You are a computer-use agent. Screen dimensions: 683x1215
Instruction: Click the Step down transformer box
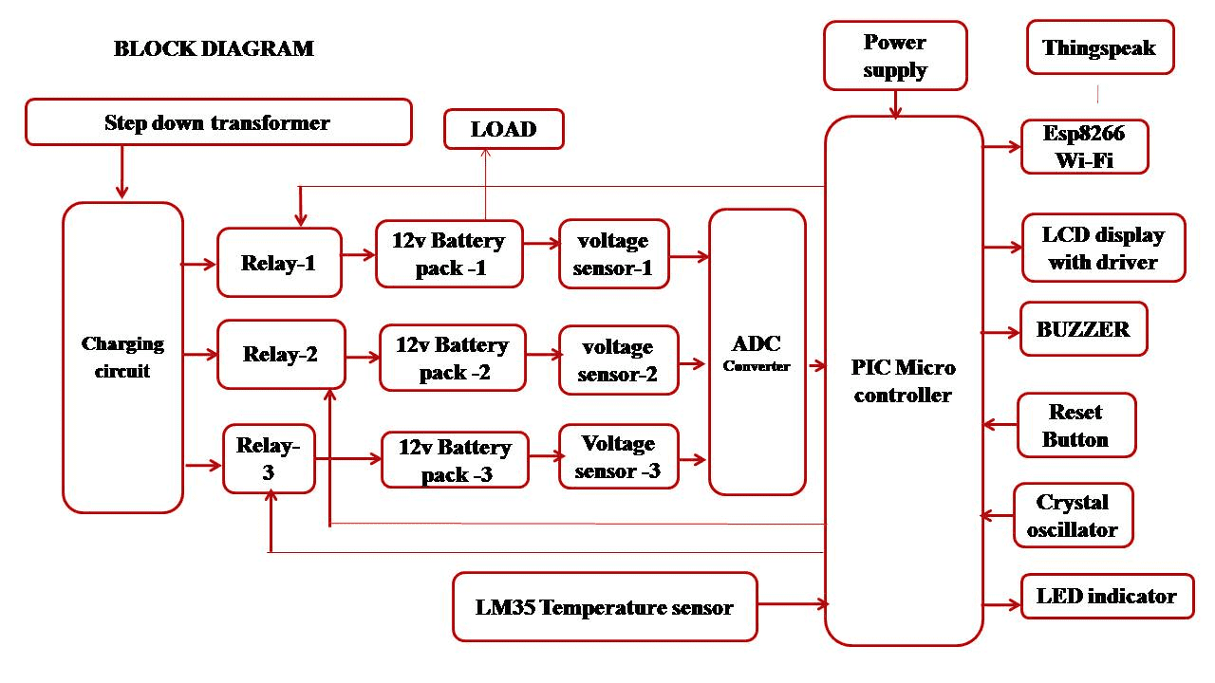(218, 122)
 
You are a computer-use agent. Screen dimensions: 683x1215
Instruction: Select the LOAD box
(504, 129)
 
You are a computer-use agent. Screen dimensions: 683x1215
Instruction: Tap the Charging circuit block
(122, 357)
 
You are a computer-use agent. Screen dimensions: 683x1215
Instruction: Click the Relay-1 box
(279, 263)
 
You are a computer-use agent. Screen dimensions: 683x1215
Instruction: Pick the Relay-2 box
(281, 355)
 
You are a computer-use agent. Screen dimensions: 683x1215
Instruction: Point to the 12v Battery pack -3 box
(455, 460)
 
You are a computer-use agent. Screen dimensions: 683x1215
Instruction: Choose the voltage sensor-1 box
(614, 254)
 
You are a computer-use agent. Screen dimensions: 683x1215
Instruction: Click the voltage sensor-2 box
(618, 360)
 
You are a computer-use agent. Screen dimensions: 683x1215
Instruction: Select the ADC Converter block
(757, 352)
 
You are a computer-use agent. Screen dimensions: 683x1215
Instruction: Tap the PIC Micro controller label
(903, 380)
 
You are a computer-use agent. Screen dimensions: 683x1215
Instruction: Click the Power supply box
(895, 56)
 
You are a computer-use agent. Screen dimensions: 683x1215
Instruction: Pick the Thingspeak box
(1099, 48)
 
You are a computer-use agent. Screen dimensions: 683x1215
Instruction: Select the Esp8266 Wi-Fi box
(1084, 146)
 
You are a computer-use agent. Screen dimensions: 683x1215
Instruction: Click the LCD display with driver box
(1103, 248)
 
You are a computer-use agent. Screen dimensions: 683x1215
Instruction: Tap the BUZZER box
(1083, 329)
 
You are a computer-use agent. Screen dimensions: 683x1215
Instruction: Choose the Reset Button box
(1075, 425)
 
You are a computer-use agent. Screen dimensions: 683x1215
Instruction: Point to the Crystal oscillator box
(1073, 515)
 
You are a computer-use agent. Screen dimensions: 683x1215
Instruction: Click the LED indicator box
(1107, 596)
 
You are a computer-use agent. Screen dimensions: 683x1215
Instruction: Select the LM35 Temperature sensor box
(605, 607)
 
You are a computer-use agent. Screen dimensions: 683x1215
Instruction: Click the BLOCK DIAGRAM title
(214, 48)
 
